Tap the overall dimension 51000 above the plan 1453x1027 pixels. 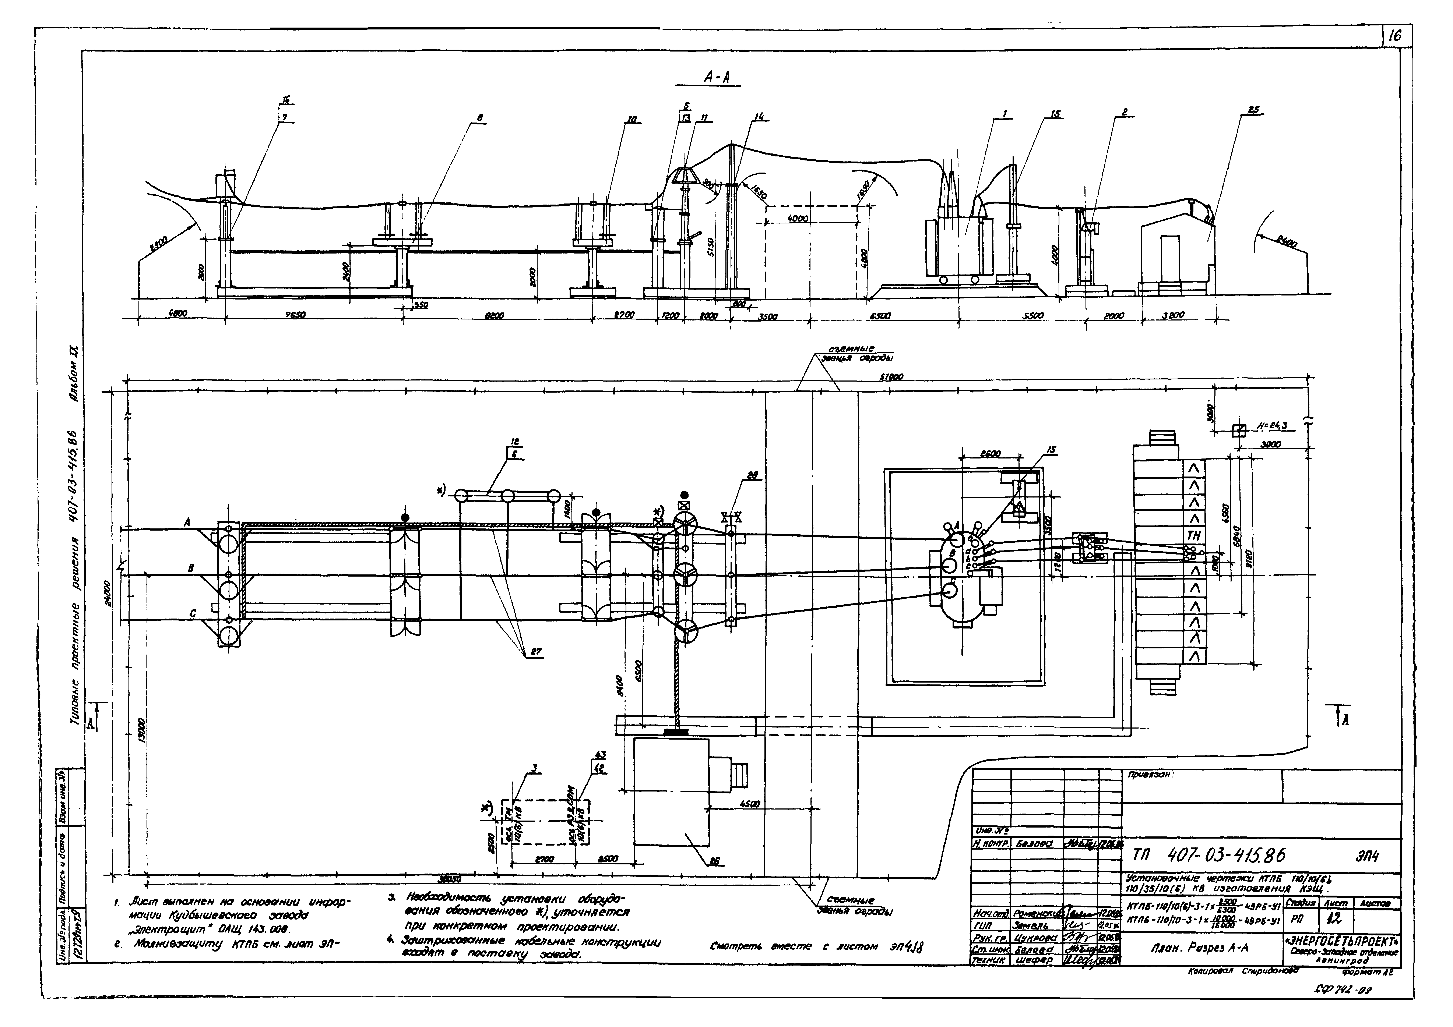pos(890,377)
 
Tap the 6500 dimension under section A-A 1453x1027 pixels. pos(880,315)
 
